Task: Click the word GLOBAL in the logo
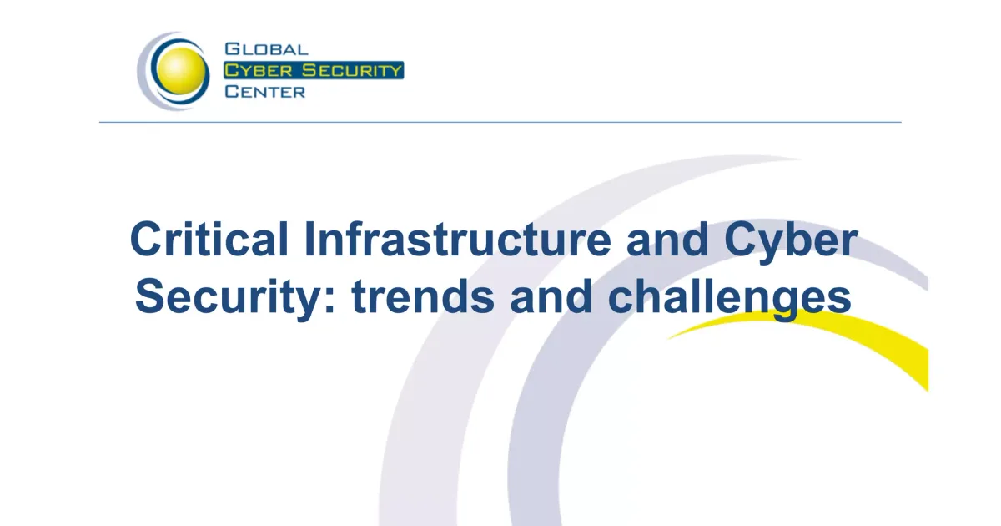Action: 266,49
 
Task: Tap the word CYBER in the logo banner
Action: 259,71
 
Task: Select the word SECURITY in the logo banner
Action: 352,71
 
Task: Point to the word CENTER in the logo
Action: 265,92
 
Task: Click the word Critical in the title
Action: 209,240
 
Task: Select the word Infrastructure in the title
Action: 458,240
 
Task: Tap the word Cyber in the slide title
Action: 791,241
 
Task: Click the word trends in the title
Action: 423,297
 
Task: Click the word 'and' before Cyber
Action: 667,240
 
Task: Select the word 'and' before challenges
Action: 551,296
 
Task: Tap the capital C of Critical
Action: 146,240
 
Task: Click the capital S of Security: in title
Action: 150,296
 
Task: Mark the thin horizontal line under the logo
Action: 500,122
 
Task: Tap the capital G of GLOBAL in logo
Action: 232,49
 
